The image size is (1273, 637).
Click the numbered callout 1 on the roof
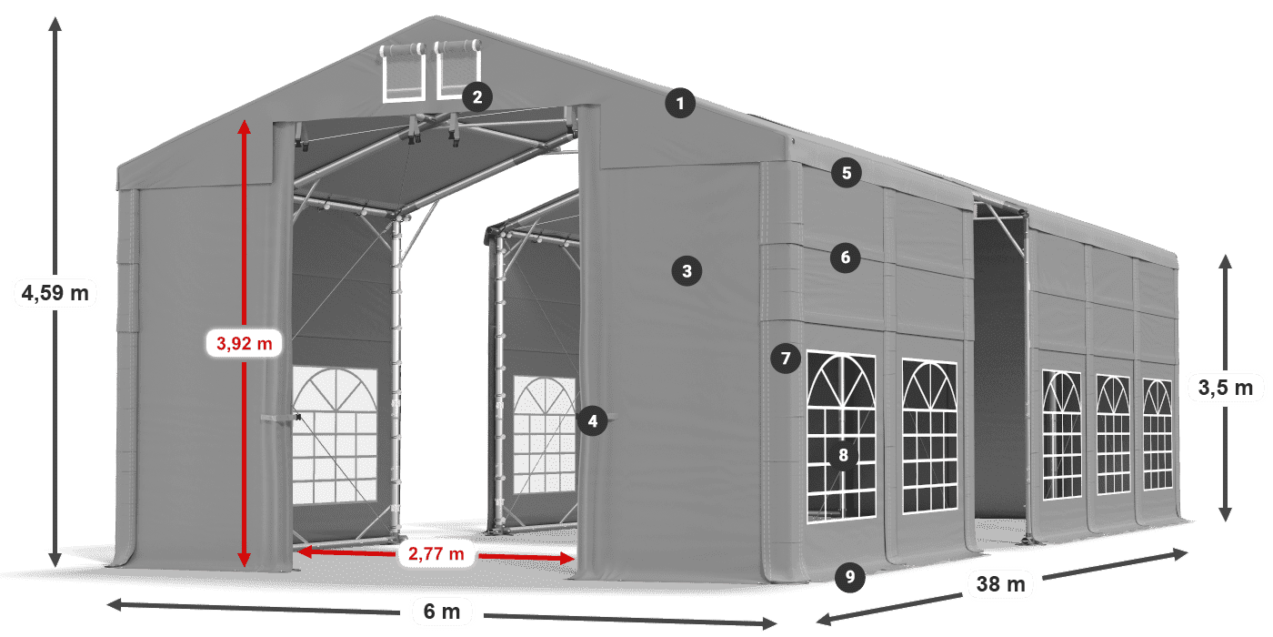tap(679, 104)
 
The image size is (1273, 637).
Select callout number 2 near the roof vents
tap(477, 96)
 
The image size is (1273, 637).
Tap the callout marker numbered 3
tap(687, 270)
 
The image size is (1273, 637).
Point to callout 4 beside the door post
tap(593, 420)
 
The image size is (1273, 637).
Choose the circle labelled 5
tap(846, 174)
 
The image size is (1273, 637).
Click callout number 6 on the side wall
tap(845, 258)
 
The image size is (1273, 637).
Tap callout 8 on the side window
tap(844, 456)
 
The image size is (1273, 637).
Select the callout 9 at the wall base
tap(849, 575)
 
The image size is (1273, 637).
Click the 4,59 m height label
tap(55, 294)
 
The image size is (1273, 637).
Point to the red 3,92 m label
tap(244, 343)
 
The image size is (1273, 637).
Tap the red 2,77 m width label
tap(436, 552)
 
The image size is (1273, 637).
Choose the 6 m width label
tap(442, 611)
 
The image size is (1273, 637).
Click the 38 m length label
tap(1000, 584)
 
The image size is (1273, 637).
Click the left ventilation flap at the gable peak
tap(403, 72)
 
